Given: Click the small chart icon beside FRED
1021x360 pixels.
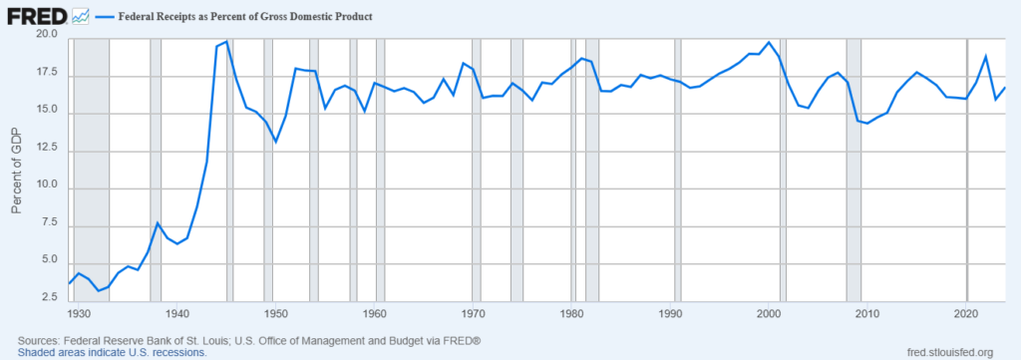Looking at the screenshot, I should coord(81,17).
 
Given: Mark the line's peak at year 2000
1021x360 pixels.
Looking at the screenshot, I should coord(769,43).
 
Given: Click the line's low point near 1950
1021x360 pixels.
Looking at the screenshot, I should coord(276,142).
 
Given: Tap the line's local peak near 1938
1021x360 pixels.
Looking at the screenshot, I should coord(158,222).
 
